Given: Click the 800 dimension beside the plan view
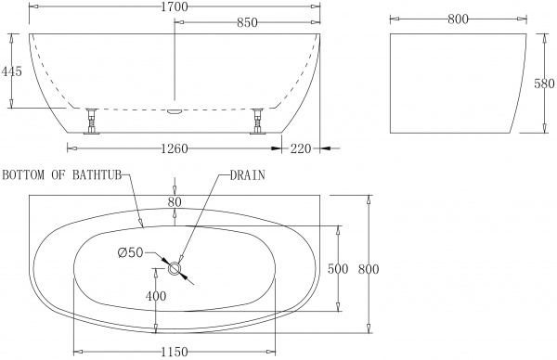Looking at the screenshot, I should coord(369,269).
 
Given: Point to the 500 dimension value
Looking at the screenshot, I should coord(338,269).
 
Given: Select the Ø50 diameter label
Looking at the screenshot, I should coord(130,253).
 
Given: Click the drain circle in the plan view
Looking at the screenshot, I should coord(175,268).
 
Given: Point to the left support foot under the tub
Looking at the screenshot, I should coord(92,122).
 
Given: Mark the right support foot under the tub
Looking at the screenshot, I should coord(257,122).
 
